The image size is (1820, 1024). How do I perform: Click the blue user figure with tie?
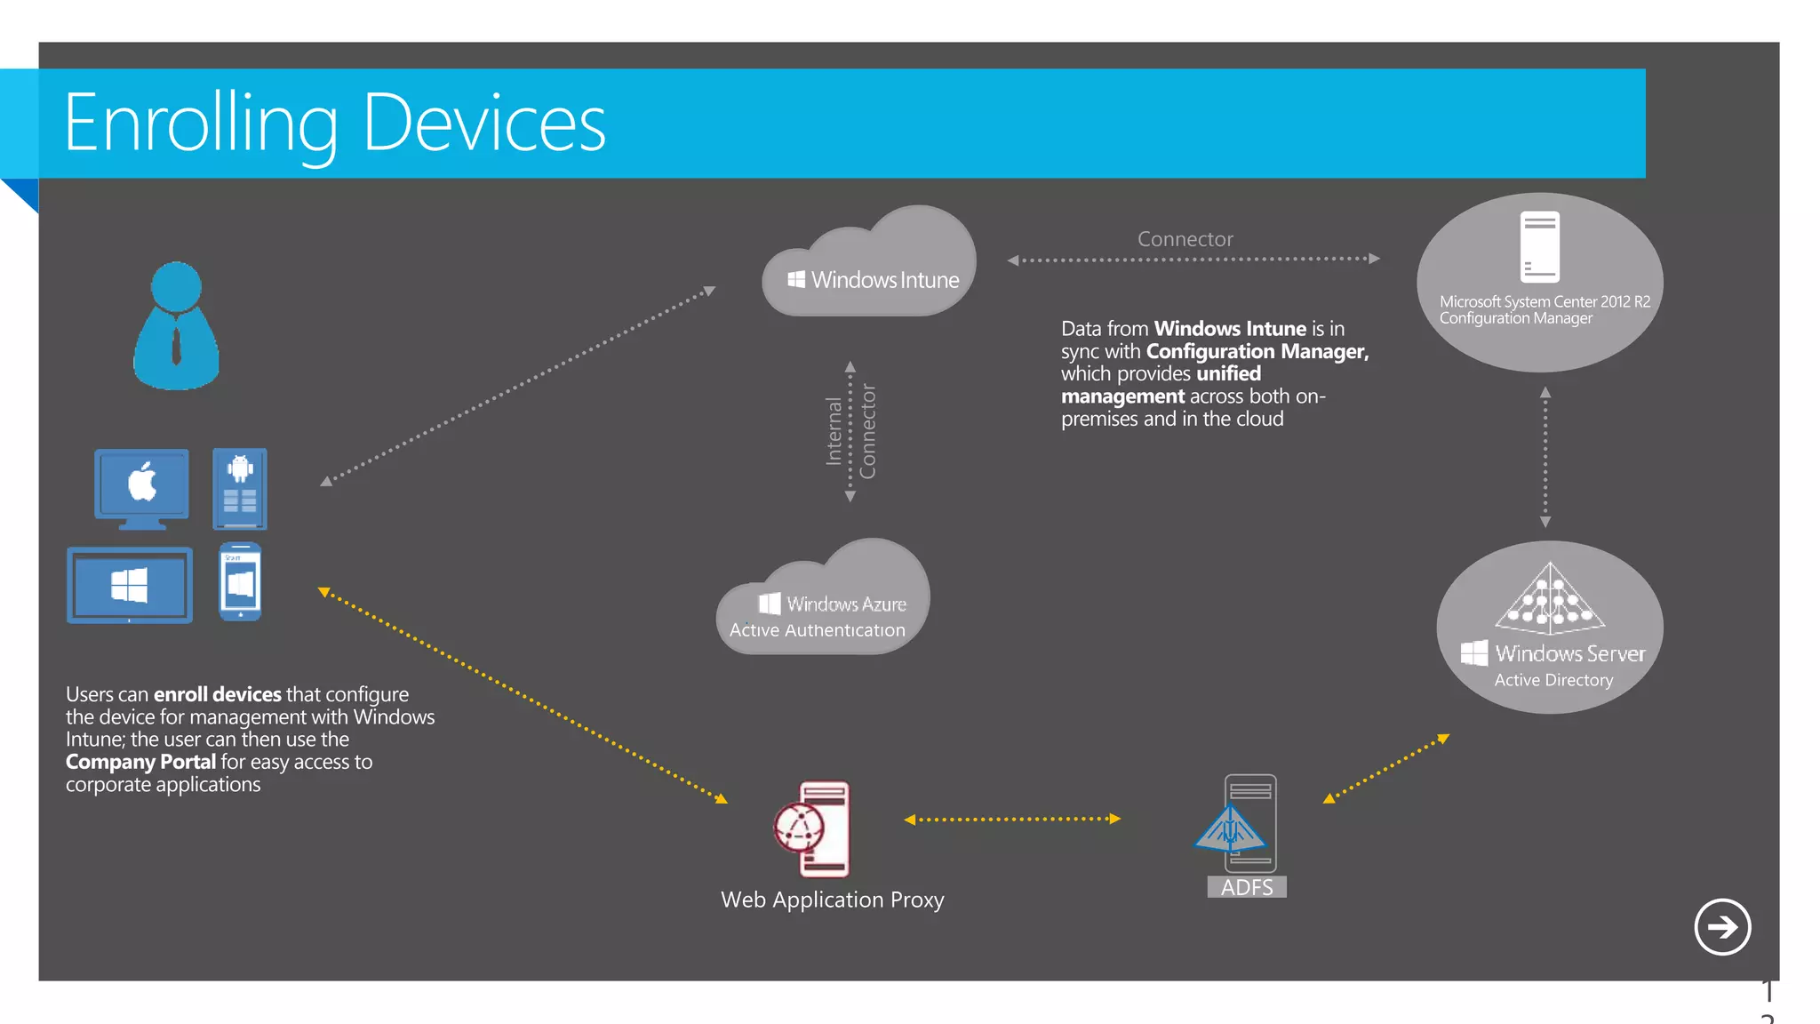[x=176, y=326]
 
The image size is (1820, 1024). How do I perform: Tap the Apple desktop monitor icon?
[x=142, y=488]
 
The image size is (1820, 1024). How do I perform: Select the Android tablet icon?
[x=240, y=489]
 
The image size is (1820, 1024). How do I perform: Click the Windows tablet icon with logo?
[x=130, y=585]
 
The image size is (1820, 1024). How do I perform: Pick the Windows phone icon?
[x=241, y=581]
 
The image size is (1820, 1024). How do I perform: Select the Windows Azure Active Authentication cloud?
[x=822, y=604]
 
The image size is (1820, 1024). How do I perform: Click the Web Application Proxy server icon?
[x=813, y=828]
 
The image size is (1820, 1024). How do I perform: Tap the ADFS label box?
[x=1246, y=887]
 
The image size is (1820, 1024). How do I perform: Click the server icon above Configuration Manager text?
[x=1539, y=246]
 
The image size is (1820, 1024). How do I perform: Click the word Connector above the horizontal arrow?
[x=1185, y=239]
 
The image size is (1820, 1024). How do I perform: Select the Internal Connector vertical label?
[x=850, y=431]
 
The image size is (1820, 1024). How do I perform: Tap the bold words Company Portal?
[x=140, y=762]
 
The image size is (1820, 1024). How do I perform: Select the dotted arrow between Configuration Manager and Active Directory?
[x=1545, y=457]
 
